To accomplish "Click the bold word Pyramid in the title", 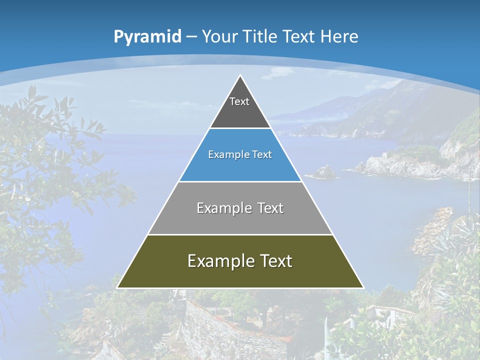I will tap(147, 37).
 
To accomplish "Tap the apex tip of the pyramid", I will tap(240, 76).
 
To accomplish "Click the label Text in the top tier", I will tap(239, 102).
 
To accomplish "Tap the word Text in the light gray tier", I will tap(271, 208).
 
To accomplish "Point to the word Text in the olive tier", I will tap(275, 261).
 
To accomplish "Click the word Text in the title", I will tap(299, 37).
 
